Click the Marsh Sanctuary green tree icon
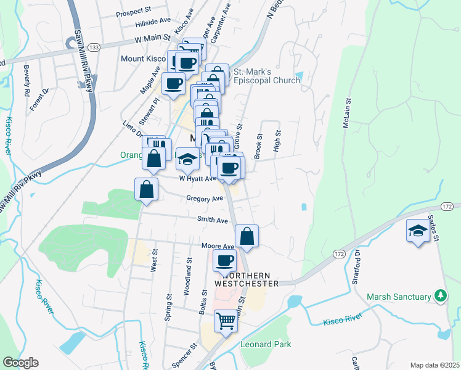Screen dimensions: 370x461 click(x=440, y=297)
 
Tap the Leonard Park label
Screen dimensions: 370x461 click(x=266, y=344)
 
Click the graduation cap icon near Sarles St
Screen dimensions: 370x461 click(x=417, y=232)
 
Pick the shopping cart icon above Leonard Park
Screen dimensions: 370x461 click(x=226, y=321)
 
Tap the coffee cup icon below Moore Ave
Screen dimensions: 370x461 click(x=224, y=260)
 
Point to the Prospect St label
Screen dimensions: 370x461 click(x=133, y=11)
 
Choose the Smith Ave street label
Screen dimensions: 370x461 click(x=213, y=220)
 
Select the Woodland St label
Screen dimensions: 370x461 click(x=189, y=279)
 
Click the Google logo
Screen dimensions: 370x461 click(x=20, y=363)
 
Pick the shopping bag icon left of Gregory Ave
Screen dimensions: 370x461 click(x=146, y=189)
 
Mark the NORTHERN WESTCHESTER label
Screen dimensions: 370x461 click(x=247, y=279)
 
